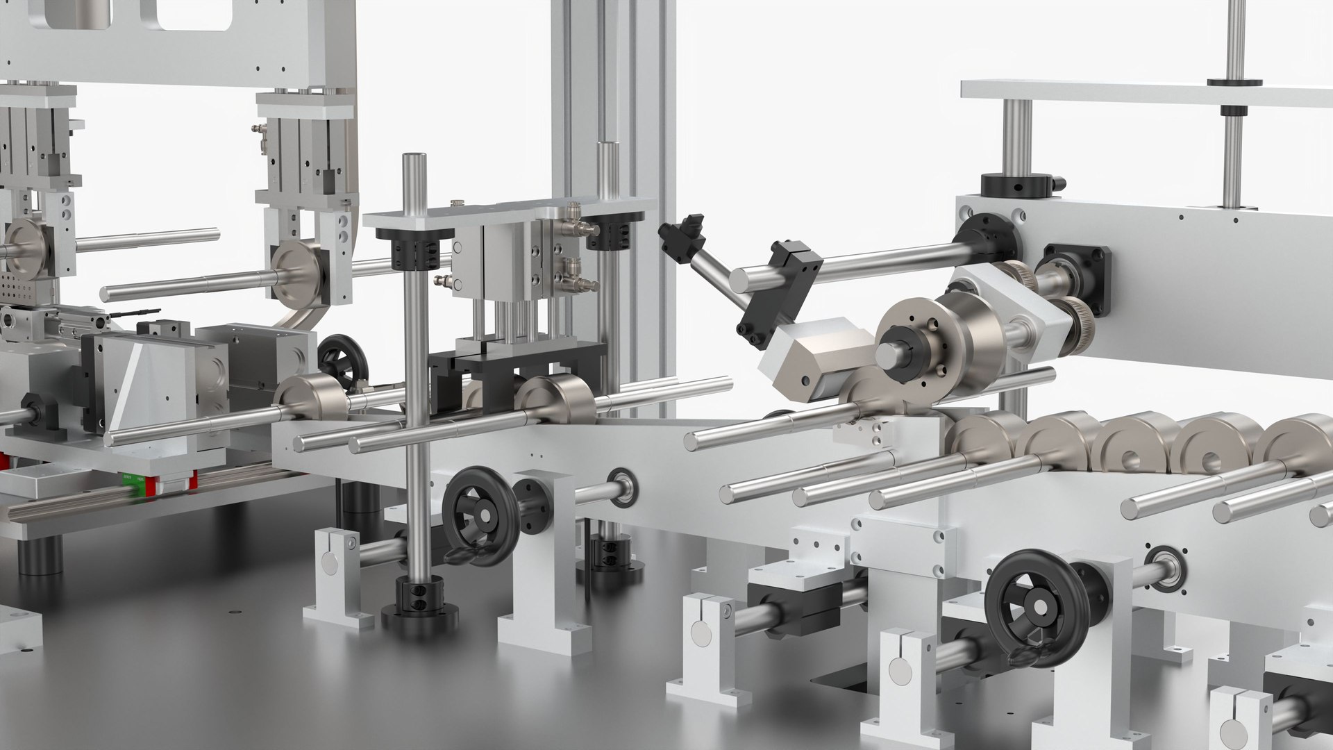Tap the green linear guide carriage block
point(136,485)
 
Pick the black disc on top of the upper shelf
point(1234,82)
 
